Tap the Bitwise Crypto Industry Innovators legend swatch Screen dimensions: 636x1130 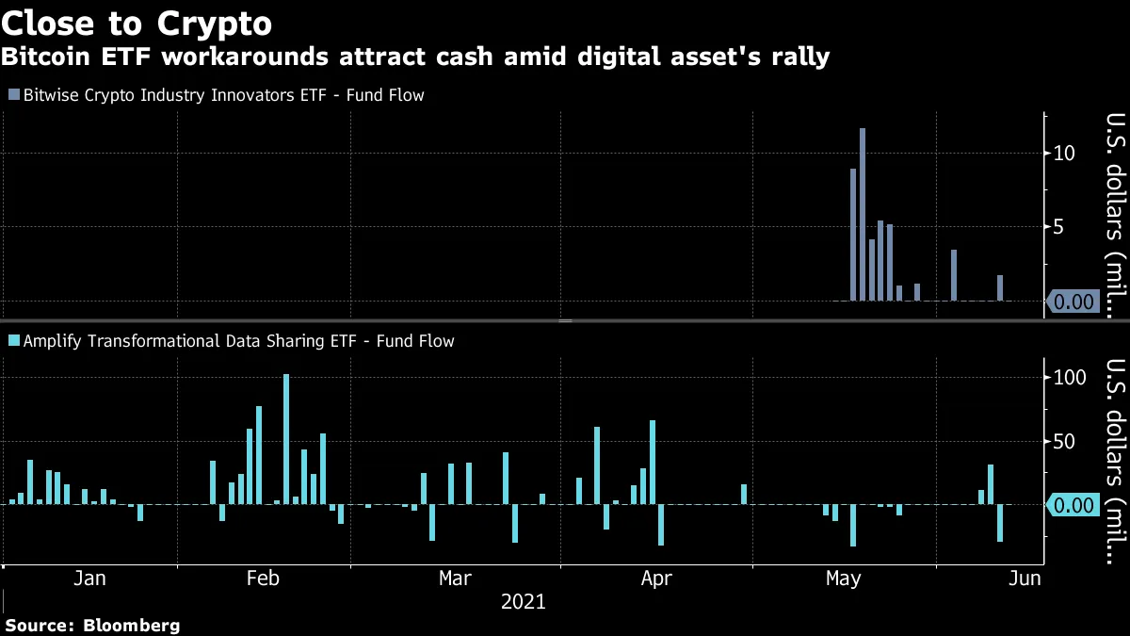click(x=12, y=95)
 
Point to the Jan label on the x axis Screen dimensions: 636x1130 click(x=89, y=578)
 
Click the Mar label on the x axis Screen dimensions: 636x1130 click(x=456, y=578)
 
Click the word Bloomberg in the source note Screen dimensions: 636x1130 click(x=132, y=626)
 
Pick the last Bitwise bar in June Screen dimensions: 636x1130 click(x=1000, y=288)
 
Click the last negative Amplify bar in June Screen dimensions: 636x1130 click(x=1000, y=523)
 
